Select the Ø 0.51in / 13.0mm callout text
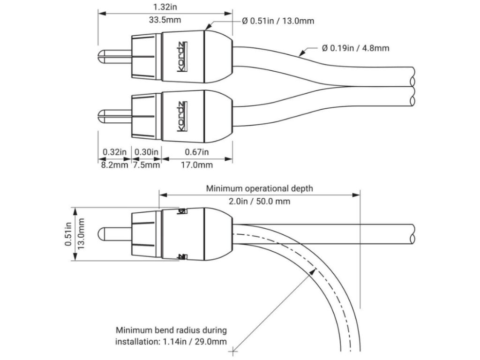pyautogui.click(x=278, y=21)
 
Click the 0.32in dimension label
pyautogui.click(x=114, y=151)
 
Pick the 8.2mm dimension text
pyautogui.click(x=114, y=165)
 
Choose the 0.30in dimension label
pyautogui.click(x=146, y=151)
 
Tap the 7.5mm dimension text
pyautogui.click(x=147, y=165)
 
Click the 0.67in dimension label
pyautogui.click(x=196, y=151)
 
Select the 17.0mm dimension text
pyautogui.click(x=196, y=165)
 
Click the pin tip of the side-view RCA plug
pyautogui.click(x=100, y=233)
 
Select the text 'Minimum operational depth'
pyautogui.click(x=260, y=188)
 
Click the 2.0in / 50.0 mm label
pyautogui.click(x=259, y=202)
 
